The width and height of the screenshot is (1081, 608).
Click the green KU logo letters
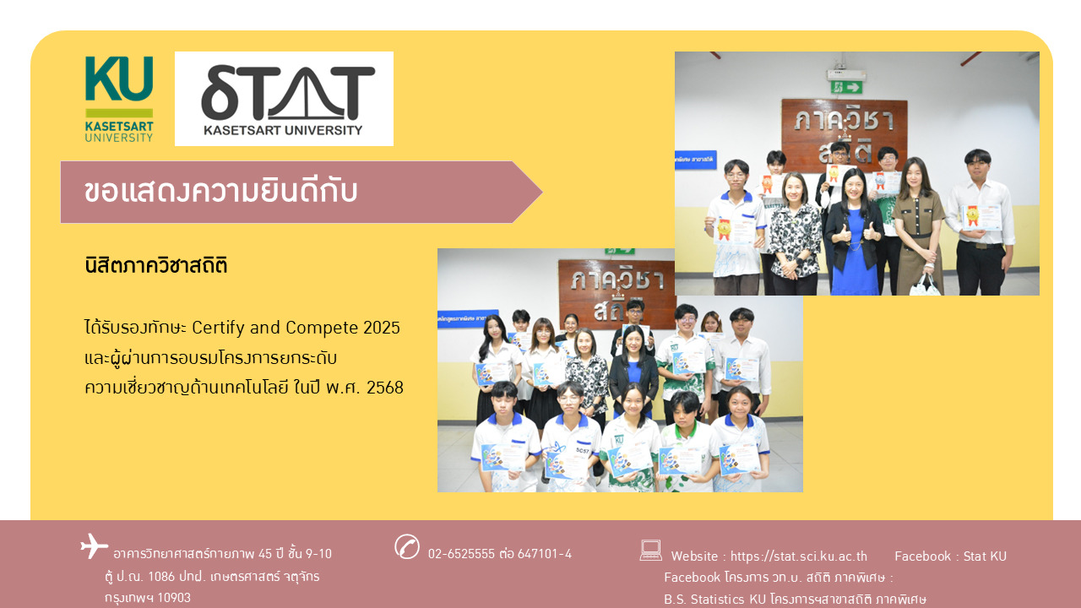point(119,79)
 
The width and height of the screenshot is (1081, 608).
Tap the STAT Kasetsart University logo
point(284,99)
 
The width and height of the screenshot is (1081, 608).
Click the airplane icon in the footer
point(94,546)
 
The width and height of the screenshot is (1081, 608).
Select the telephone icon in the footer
point(407,546)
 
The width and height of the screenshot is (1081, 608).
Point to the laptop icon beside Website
point(650,550)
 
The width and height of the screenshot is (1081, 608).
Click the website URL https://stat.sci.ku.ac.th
point(799,556)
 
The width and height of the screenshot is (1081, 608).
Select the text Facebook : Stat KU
point(950,556)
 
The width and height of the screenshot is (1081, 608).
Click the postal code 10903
point(174,598)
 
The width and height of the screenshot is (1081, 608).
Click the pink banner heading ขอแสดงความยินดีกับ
point(220,192)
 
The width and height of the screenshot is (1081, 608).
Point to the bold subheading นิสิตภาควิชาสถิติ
point(156,265)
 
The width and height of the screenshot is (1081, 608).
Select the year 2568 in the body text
point(384,388)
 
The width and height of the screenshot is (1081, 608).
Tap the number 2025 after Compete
point(381,328)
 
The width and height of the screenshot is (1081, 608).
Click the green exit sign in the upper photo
point(846,87)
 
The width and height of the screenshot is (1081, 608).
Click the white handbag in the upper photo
point(926,285)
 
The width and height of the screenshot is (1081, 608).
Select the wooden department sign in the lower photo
point(617,288)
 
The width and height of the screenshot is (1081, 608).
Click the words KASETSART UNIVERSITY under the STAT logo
point(283,130)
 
